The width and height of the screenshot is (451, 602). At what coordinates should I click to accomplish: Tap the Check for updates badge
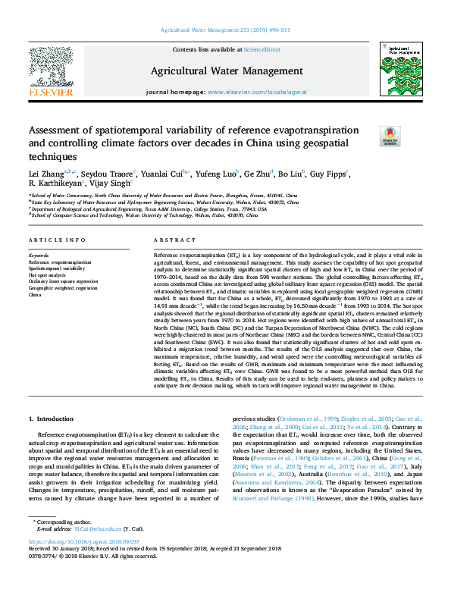click(x=390, y=136)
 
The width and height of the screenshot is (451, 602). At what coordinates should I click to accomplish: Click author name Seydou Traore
click(x=108, y=174)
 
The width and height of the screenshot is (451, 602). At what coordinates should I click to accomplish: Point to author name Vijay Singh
click(x=112, y=183)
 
